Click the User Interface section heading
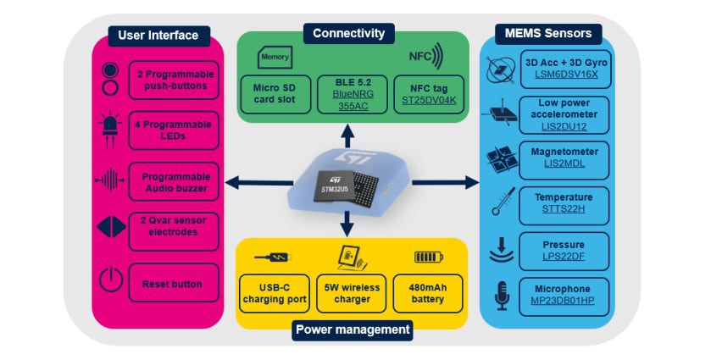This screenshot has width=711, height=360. point(158,36)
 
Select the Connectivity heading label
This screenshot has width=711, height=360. point(348,34)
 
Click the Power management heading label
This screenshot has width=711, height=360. point(352,330)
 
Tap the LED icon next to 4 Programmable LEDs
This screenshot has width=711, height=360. point(110,129)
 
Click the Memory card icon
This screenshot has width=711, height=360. point(274,58)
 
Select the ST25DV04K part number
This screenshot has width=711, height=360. point(428,99)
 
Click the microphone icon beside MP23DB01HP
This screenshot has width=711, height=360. point(501,296)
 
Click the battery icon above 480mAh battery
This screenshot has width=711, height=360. point(429,257)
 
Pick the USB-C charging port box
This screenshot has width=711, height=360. point(273,293)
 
